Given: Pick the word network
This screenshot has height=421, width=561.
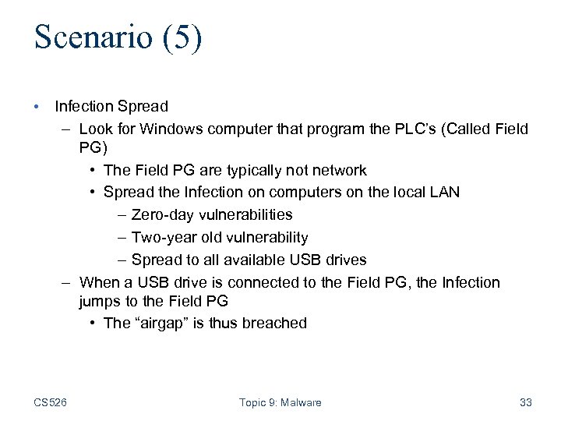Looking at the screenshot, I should (337, 170).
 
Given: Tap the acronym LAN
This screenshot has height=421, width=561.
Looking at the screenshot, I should (445, 192).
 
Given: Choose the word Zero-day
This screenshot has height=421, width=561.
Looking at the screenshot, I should (165, 214).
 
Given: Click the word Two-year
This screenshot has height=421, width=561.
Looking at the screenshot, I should (164, 237).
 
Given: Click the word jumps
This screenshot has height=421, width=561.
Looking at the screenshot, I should (100, 301).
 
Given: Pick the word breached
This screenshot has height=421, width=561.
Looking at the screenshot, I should (273, 323).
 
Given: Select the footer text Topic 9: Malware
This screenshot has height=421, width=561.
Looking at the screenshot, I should (280, 402).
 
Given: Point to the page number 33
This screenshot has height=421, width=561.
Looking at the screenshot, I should (525, 402).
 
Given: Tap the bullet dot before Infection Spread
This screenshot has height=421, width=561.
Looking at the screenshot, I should (37, 104).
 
